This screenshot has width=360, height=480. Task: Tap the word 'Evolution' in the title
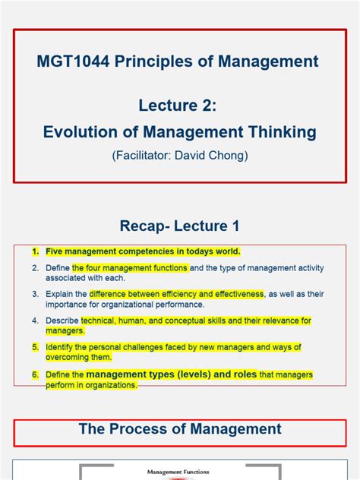81,132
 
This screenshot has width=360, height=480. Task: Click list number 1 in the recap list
35,251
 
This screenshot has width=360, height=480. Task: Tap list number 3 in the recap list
35,293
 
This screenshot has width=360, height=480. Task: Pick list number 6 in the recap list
35,375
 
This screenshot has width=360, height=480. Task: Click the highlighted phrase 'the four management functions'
129,268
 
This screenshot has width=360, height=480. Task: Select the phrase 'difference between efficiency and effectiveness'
176,293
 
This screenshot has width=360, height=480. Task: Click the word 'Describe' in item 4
62,321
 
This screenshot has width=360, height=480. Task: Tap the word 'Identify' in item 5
60,347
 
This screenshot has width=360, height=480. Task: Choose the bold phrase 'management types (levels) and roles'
172,374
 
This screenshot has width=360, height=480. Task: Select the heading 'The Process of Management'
180,429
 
